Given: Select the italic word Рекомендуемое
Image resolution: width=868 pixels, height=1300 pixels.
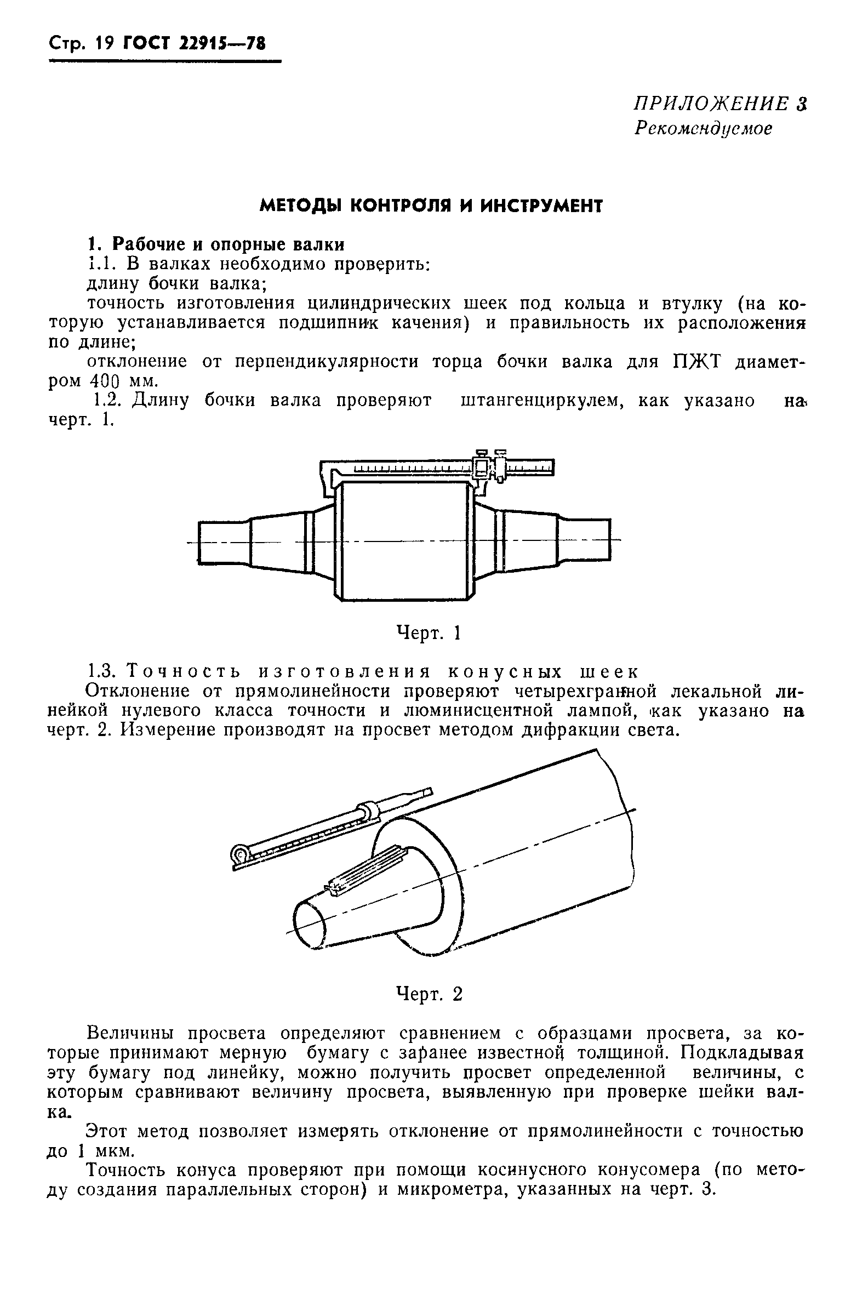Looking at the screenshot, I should tap(703, 128).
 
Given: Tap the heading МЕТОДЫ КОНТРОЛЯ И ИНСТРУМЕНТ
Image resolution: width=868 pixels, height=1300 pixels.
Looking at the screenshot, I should tap(431, 206).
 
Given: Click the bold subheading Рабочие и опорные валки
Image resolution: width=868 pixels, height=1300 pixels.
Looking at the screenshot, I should tap(228, 244).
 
